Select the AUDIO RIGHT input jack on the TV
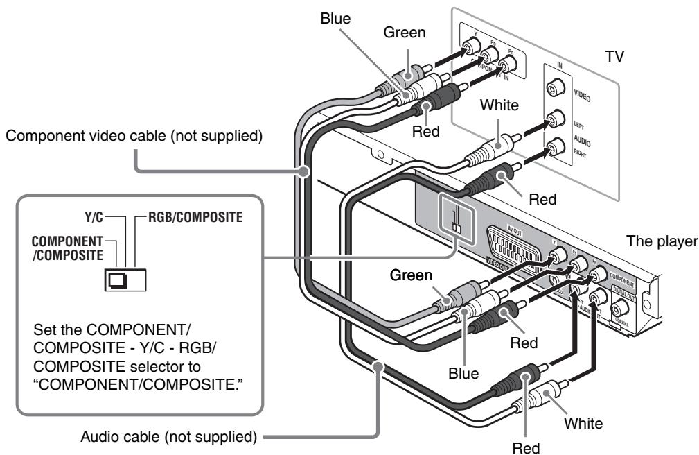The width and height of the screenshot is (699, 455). coord(554,147)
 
